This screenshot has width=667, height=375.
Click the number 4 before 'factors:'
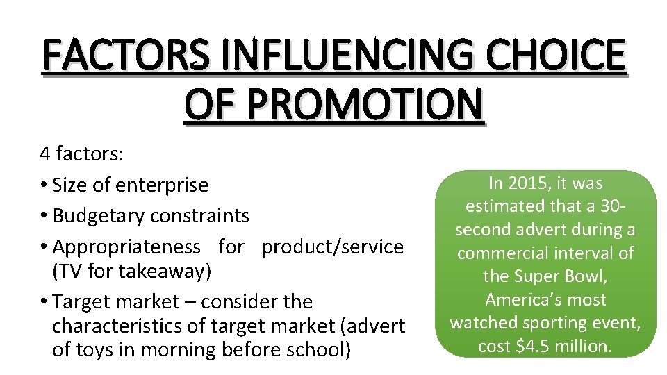click(x=45, y=153)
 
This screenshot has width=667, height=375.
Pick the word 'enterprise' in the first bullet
click(x=162, y=185)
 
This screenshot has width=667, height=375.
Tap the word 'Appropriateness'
click(x=127, y=247)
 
